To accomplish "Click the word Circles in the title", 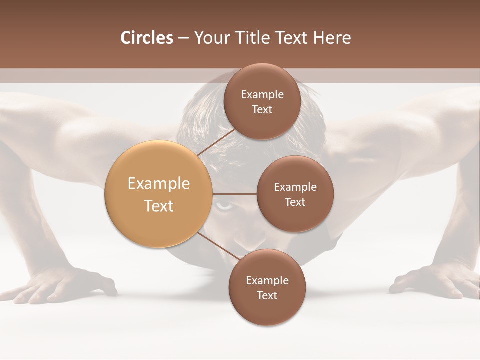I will [146, 38].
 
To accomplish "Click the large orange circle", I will [159, 194].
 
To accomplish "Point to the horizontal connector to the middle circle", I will [234, 194].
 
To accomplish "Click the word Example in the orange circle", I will [159, 184].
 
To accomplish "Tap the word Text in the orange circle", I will [159, 206].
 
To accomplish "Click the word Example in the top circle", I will [262, 95].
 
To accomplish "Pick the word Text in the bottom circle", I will [267, 295].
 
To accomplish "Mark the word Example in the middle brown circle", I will [295, 187].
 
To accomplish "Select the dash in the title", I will [183, 38].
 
